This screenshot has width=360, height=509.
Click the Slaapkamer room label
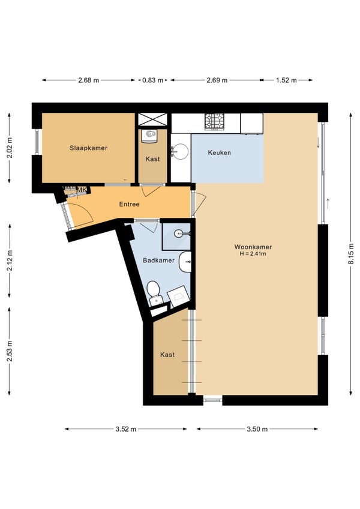[88, 148]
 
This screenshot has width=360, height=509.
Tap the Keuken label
[220, 152]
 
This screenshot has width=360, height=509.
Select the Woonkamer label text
[253, 247]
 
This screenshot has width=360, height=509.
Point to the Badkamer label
[159, 261]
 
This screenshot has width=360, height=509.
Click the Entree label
[129, 204]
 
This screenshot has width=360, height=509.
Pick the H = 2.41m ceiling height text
[253, 253]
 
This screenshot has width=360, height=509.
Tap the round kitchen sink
[180, 151]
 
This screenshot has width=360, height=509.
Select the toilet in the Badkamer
[154, 293]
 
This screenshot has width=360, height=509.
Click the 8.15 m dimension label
[351, 254]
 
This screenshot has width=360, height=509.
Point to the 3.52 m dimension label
[126, 429]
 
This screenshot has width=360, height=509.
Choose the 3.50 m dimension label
[257, 429]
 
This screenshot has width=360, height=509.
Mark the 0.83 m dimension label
[152, 80]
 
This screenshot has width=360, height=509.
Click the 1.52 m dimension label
[286, 80]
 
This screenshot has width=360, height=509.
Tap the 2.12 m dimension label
[10, 261]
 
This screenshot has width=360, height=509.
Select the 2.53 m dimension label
[10, 351]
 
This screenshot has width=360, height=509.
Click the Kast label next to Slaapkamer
[152, 159]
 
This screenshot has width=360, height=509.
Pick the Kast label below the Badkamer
[167, 355]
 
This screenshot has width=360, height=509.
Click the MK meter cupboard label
[82, 189]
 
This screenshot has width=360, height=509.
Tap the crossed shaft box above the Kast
[152, 119]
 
